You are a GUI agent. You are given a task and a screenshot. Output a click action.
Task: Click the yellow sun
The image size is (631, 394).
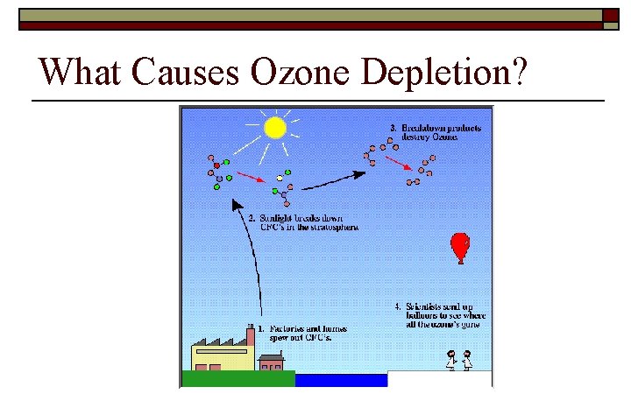pos(275,128)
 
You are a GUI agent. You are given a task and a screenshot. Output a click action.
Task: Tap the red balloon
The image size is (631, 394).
pos(458,246)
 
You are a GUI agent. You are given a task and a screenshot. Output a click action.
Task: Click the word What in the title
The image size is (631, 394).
pos(80,73)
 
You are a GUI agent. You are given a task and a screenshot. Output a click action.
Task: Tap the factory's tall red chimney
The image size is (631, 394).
pos(251,336)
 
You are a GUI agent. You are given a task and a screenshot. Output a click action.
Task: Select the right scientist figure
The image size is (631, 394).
pos(468,360)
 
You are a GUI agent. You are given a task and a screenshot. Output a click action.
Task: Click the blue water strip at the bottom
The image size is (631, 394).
pos(341,380)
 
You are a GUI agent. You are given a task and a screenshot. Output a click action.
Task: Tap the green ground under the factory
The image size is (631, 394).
pos(238,379)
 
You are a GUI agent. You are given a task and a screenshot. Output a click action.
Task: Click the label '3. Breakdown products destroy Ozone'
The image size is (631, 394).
pos(436,132)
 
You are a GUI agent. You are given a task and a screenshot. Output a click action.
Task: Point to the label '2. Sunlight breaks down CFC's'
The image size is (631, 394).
pos(303,222)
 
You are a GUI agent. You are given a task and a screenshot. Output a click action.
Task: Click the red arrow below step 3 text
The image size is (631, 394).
pos(398,164)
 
